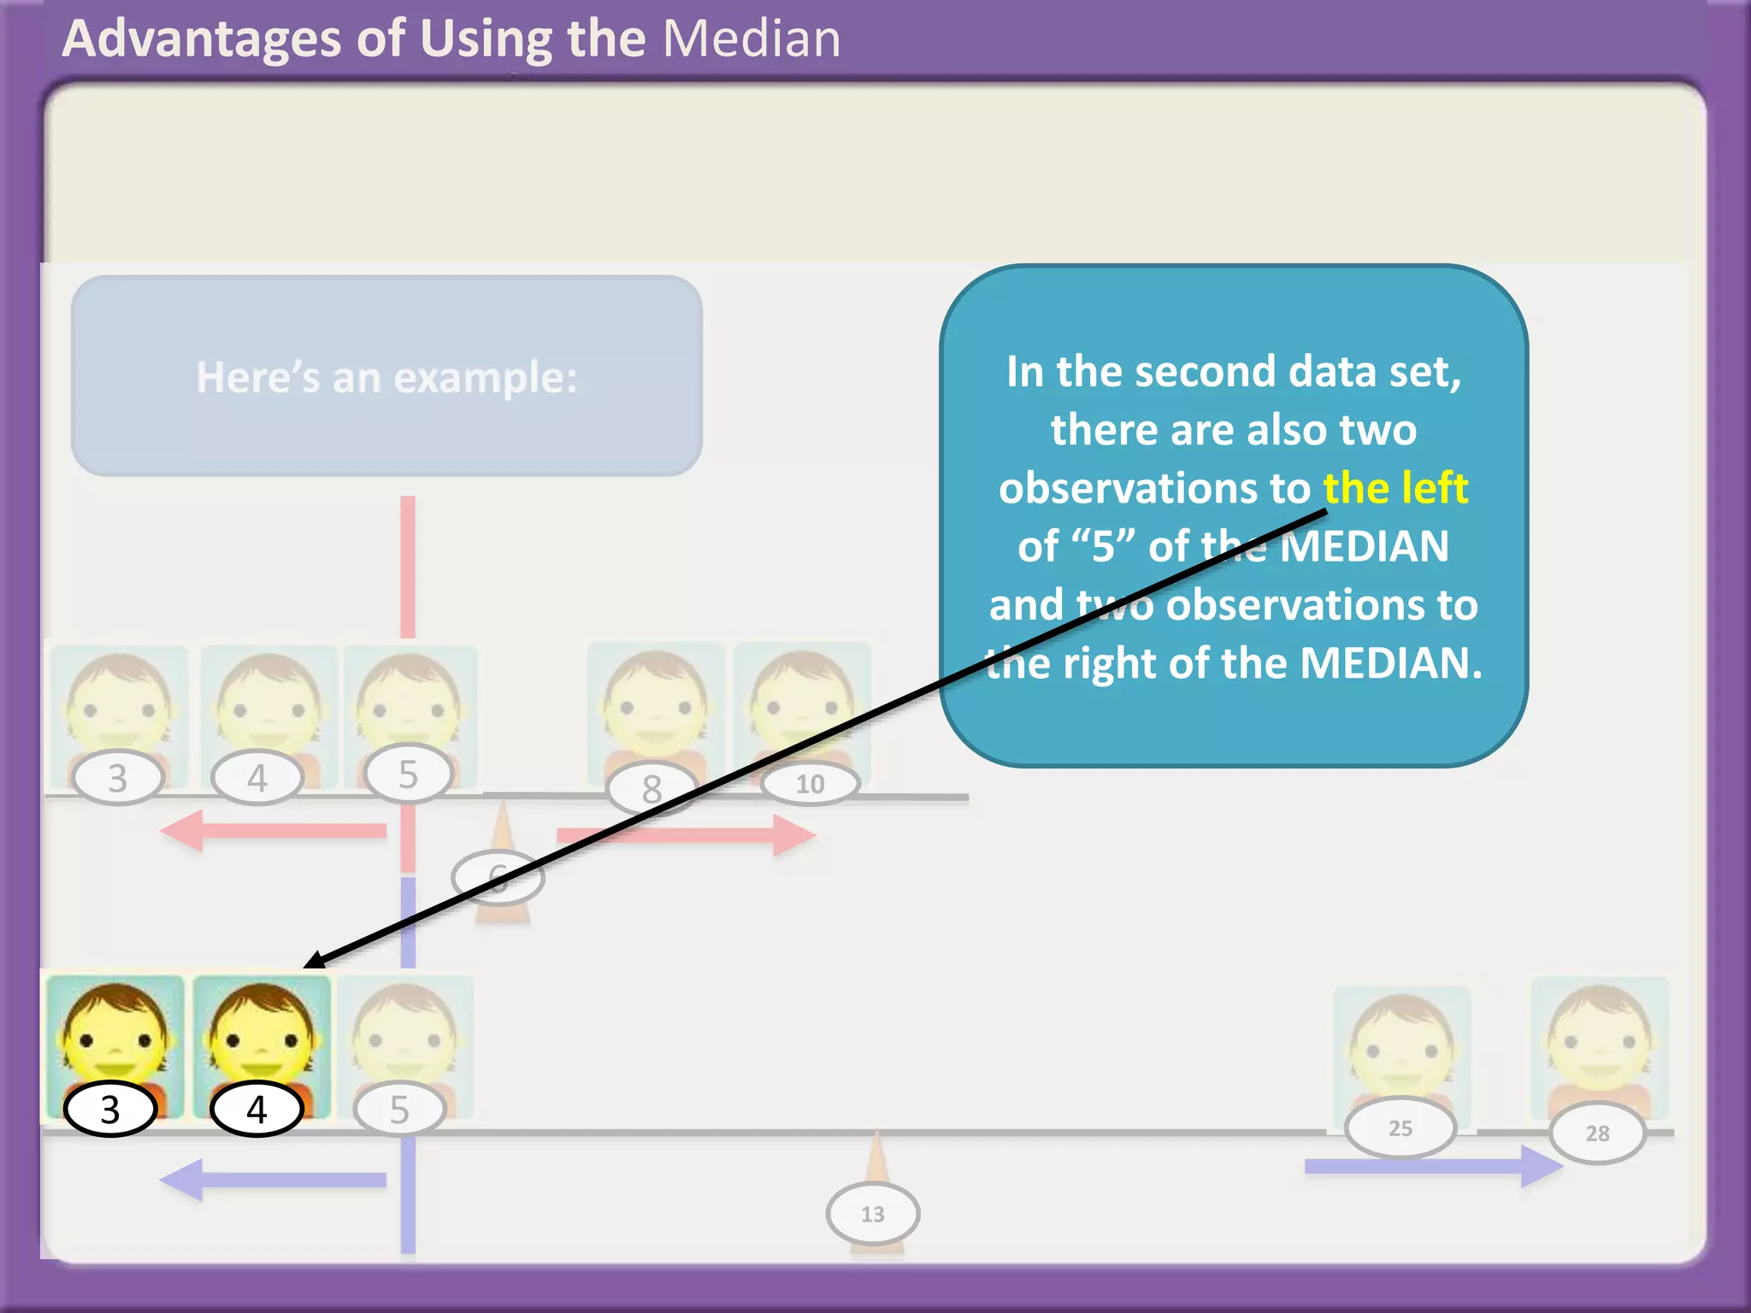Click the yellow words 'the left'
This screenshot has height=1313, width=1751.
click(x=1395, y=488)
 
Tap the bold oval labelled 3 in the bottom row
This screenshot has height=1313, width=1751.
click(x=110, y=1110)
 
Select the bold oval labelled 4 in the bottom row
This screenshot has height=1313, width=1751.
click(x=256, y=1110)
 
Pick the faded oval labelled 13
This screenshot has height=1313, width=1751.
click(x=872, y=1214)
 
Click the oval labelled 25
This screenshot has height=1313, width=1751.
click(x=1400, y=1128)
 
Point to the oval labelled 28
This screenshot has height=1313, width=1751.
click(x=1596, y=1133)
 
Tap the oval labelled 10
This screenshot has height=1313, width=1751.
click(x=810, y=784)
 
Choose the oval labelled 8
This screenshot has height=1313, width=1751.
click(x=651, y=788)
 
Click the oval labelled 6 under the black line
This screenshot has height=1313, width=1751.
click(x=498, y=878)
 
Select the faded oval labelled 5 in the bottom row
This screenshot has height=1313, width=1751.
click(x=399, y=1110)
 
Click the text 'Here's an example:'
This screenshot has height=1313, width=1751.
click(x=386, y=377)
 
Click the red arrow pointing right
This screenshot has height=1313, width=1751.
click(x=684, y=834)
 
